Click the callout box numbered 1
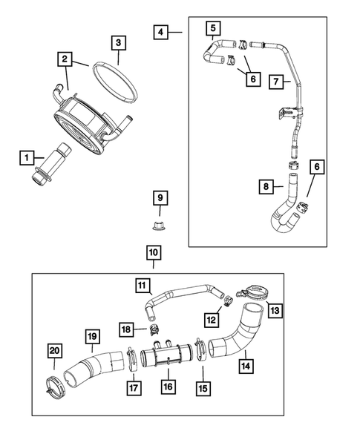(x=27, y=157)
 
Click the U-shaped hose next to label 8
(x=284, y=211)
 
